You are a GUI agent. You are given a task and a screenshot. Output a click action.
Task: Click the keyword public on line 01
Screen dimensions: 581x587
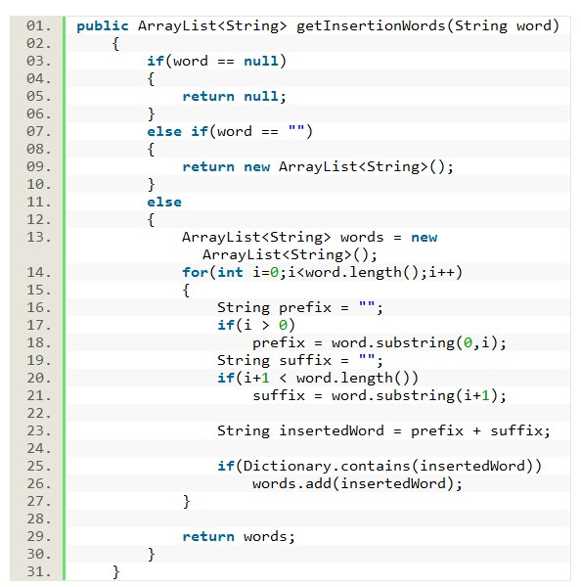coord(103,26)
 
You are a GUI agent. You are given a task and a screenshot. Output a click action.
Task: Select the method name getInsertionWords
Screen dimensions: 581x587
coord(371,25)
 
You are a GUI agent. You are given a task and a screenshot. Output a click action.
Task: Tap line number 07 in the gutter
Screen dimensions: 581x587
coord(38,131)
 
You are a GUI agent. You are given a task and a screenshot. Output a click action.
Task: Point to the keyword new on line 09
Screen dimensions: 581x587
coord(256,167)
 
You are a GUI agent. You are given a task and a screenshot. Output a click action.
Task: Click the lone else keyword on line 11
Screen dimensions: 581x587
coord(164,203)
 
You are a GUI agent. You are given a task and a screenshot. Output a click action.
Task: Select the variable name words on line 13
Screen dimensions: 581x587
coord(362,238)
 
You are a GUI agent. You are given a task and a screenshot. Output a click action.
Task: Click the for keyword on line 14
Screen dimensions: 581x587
coord(195,272)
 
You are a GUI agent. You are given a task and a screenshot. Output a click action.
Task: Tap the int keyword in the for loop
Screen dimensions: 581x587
coord(230,272)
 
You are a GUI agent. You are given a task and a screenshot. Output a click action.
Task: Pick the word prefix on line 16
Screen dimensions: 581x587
coord(305,308)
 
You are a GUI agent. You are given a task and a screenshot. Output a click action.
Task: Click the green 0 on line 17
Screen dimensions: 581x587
coord(283,325)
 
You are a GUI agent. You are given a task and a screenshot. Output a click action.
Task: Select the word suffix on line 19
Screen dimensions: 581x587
coord(305,360)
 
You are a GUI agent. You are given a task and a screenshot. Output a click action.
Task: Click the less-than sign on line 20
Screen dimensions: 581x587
coord(283,378)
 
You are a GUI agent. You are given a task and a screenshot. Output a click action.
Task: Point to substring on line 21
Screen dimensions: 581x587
coord(415,395)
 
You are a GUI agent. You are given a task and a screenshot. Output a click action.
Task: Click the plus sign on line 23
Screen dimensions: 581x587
coord(476,430)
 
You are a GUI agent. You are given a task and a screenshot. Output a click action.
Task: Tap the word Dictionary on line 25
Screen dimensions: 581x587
coord(287,466)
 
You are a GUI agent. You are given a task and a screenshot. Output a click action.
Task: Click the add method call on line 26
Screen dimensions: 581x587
coord(318,483)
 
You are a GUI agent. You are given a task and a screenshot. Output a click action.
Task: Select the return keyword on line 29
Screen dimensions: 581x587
coord(208,537)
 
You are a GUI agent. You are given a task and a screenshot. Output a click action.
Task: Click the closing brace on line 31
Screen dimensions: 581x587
coord(115,572)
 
